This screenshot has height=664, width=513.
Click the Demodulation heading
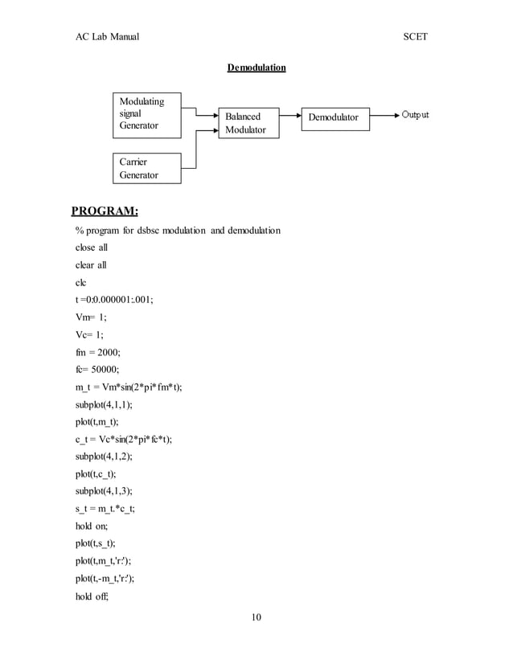pos(256,68)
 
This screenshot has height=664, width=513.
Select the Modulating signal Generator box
pos(146,115)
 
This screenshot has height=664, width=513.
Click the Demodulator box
pos(335,117)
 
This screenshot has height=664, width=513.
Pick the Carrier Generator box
pos(146,168)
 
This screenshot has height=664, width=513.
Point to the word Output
pos(415,115)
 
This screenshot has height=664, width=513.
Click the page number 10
pos(256,617)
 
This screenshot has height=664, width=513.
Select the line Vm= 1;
pos(92,318)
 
